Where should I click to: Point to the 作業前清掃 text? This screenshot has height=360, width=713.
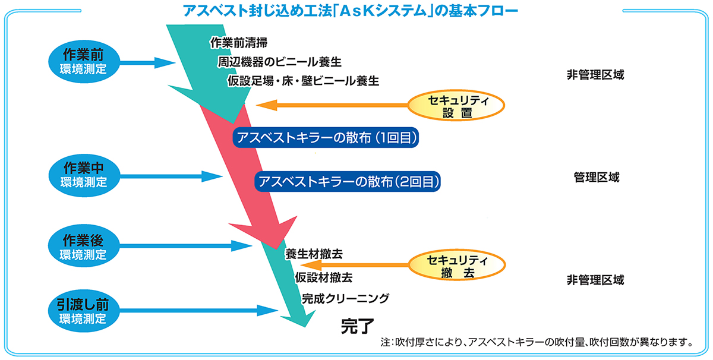pos(238,43)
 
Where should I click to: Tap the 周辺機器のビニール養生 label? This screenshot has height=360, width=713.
pos(279,62)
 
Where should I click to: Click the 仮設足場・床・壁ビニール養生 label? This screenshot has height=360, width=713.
pos(303,81)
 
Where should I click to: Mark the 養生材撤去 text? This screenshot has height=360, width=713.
pos(314,254)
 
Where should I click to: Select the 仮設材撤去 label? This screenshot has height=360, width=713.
pos(323,277)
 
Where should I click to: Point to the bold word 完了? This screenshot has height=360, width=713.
pos(357,326)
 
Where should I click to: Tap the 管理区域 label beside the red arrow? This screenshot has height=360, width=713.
pos(596,177)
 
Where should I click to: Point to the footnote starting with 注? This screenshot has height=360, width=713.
pos(537,343)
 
